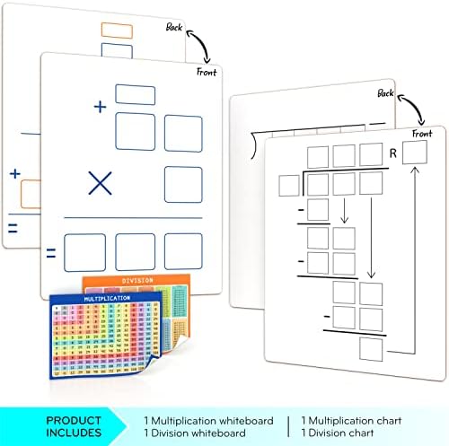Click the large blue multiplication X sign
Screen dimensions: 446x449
(100, 184)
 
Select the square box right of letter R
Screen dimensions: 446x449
(415, 153)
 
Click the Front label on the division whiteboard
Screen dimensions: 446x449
(421, 134)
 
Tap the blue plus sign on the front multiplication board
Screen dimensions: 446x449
(99, 106)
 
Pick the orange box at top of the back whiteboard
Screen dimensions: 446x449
(117, 31)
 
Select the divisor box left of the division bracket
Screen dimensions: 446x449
(288, 187)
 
